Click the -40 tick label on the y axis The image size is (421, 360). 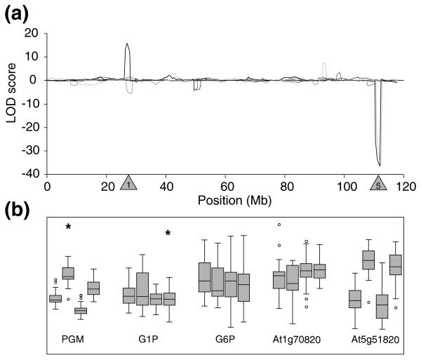point(31,174)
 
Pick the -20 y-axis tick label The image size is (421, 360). point(31,127)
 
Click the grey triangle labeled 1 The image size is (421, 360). point(128,184)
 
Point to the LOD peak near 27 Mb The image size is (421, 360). point(127,44)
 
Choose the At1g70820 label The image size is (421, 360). point(297,344)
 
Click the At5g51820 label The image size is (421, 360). point(375,344)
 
